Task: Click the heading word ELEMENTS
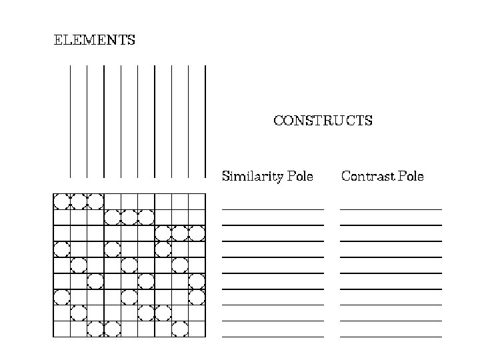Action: click(x=94, y=40)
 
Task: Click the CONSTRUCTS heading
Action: click(x=323, y=121)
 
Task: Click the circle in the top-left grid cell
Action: click(x=61, y=201)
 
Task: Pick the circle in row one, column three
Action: click(x=95, y=201)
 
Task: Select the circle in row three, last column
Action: click(x=197, y=233)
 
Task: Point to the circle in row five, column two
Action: click(x=79, y=265)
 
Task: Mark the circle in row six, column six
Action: click(x=146, y=281)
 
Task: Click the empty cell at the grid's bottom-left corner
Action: click(x=61, y=329)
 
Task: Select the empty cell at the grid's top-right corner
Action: click(x=197, y=201)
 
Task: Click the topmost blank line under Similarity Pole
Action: click(x=273, y=209)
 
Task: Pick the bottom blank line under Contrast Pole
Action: click(x=391, y=337)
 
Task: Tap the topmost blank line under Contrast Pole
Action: click(x=391, y=209)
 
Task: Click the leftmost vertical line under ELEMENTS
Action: click(x=70, y=120)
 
